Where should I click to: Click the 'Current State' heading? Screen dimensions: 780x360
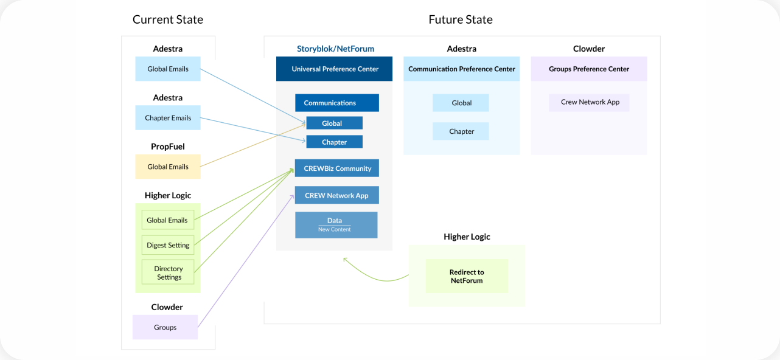168,19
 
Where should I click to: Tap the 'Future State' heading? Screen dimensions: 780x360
461,19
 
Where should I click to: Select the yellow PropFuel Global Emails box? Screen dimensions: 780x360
168,167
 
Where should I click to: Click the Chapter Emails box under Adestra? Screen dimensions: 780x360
168,118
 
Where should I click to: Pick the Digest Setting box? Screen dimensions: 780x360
168,245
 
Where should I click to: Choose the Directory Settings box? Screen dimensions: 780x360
168,272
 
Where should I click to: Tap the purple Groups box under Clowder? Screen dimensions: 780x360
165,327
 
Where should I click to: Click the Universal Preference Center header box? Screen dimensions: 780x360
334,69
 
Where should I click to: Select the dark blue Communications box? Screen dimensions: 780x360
337,103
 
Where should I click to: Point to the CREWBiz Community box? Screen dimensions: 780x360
337,168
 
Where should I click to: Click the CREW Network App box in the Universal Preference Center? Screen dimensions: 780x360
337,195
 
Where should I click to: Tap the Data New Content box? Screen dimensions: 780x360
336,225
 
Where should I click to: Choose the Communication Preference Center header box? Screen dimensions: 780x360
461,69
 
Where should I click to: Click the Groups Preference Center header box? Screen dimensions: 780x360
589,69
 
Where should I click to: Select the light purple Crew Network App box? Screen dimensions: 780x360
589,102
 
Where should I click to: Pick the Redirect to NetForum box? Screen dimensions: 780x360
467,276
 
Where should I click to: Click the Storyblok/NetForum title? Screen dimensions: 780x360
335,49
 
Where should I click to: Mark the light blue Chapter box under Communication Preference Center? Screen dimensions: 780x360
461,131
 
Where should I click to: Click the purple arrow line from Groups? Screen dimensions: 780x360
245,261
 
